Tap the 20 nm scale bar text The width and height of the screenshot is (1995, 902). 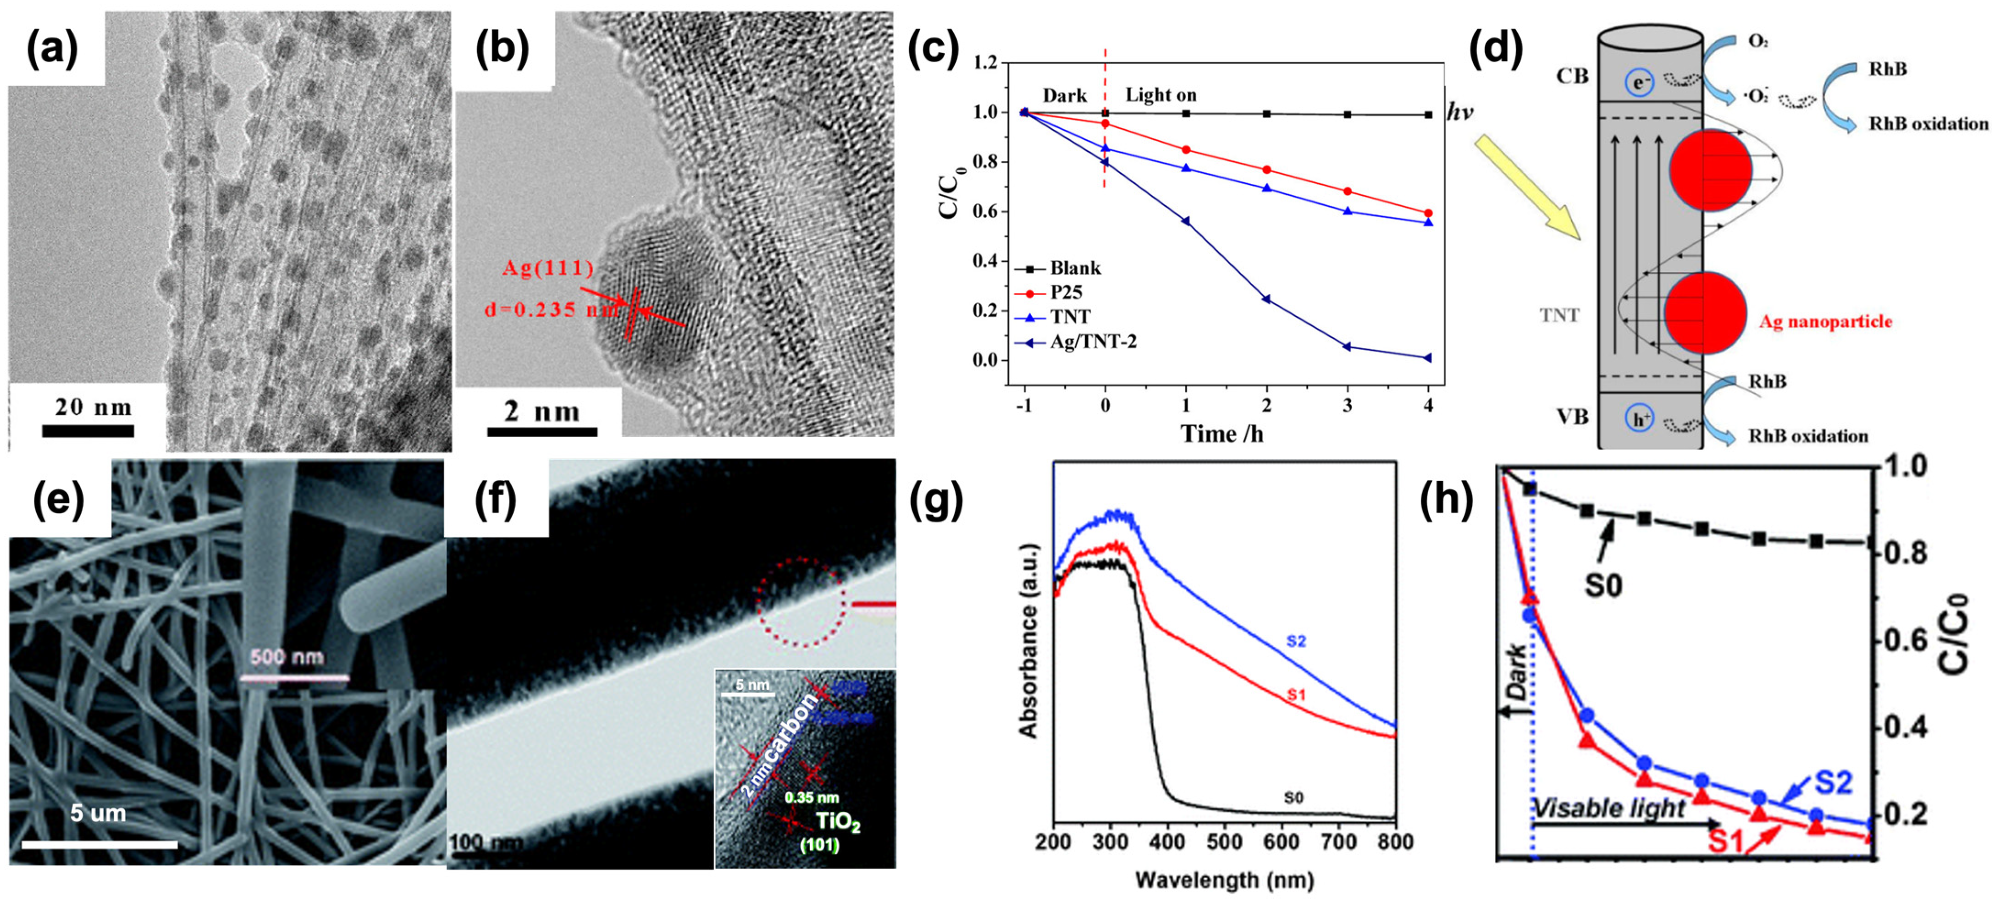pyautogui.click(x=93, y=407)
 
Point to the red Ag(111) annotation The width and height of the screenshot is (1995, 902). pyautogui.click(x=548, y=268)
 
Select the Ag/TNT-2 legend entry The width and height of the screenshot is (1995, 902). pyautogui.click(x=1092, y=341)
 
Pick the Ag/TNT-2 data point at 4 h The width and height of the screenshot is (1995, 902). pyautogui.click(x=1428, y=357)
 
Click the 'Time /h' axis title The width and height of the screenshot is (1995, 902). pyautogui.click(x=1221, y=434)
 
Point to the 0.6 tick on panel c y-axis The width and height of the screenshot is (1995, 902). pyautogui.click(x=985, y=211)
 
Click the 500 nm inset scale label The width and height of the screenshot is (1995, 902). pyautogui.click(x=287, y=657)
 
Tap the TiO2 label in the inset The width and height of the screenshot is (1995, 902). pyautogui.click(x=838, y=821)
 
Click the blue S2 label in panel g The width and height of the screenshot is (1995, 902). pyautogui.click(x=1296, y=641)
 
